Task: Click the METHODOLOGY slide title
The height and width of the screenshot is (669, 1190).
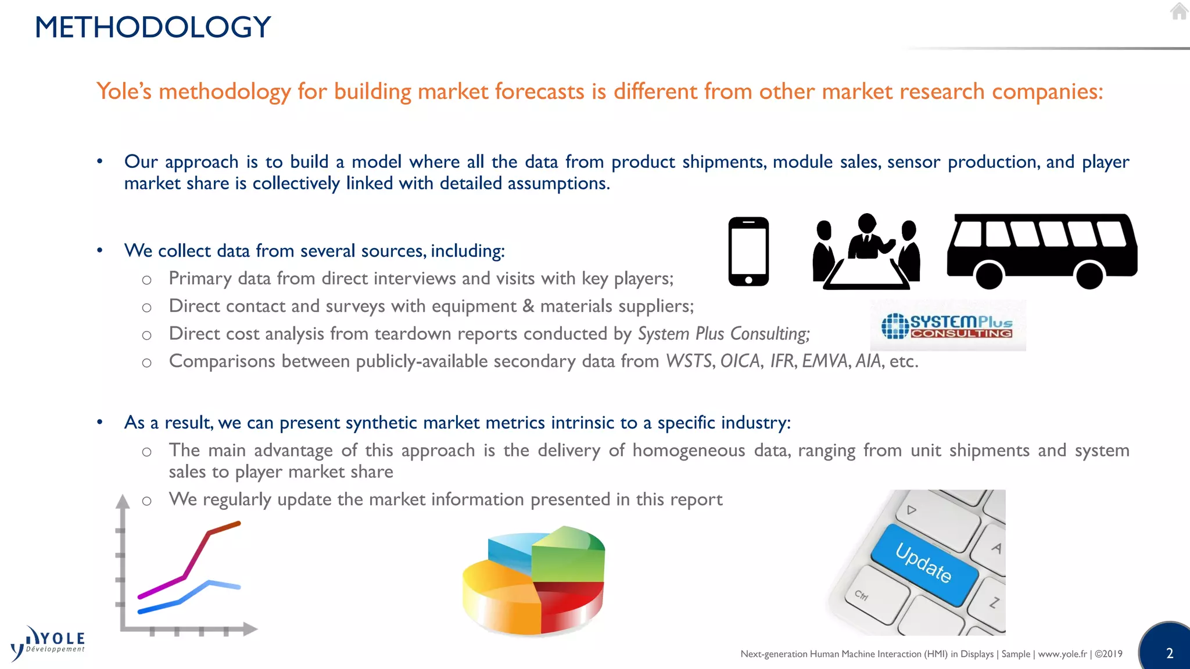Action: [x=153, y=27]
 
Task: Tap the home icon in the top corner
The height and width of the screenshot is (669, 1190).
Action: [x=1179, y=11]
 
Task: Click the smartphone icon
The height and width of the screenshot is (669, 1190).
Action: [x=748, y=251]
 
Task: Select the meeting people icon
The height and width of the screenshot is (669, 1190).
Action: [x=866, y=252]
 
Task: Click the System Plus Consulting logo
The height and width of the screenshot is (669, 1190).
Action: [x=948, y=326]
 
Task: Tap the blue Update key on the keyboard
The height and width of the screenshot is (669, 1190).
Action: [x=923, y=563]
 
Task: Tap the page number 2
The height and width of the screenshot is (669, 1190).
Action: [x=1170, y=653]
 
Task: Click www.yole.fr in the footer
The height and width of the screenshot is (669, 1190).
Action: [x=1062, y=654]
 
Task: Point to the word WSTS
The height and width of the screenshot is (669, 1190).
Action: [x=689, y=361]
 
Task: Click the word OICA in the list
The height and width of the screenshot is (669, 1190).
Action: [x=740, y=361]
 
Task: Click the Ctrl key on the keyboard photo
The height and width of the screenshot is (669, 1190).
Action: [x=861, y=595]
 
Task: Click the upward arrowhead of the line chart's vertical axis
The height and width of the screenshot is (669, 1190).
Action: [x=123, y=501]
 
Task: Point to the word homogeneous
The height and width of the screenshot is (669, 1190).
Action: [x=689, y=451]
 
